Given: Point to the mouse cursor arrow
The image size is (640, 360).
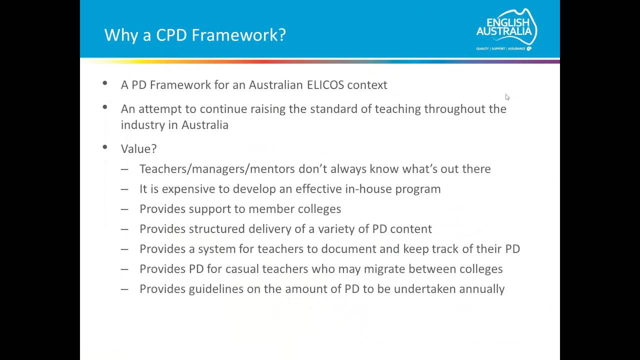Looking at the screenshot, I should (x=507, y=97).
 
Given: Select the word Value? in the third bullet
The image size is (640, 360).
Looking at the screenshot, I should (x=138, y=148).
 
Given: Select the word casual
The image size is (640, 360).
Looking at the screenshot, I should (x=242, y=269).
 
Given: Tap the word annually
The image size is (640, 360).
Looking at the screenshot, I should (x=481, y=289).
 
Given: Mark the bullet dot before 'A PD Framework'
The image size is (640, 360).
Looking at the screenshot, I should (x=104, y=83).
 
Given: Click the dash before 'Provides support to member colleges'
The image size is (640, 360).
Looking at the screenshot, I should (x=124, y=209).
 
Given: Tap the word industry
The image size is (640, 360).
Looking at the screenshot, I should (x=142, y=125).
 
